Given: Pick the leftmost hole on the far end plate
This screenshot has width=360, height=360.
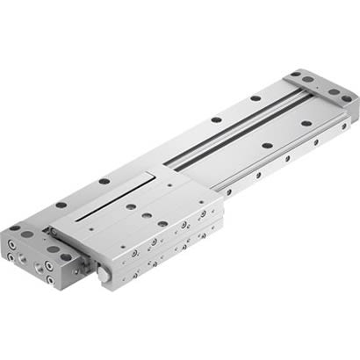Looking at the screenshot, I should coord(296,76).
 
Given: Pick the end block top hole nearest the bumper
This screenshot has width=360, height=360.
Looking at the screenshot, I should coord(54,248).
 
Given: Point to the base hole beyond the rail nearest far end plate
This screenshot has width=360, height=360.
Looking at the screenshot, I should coord(254,97).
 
